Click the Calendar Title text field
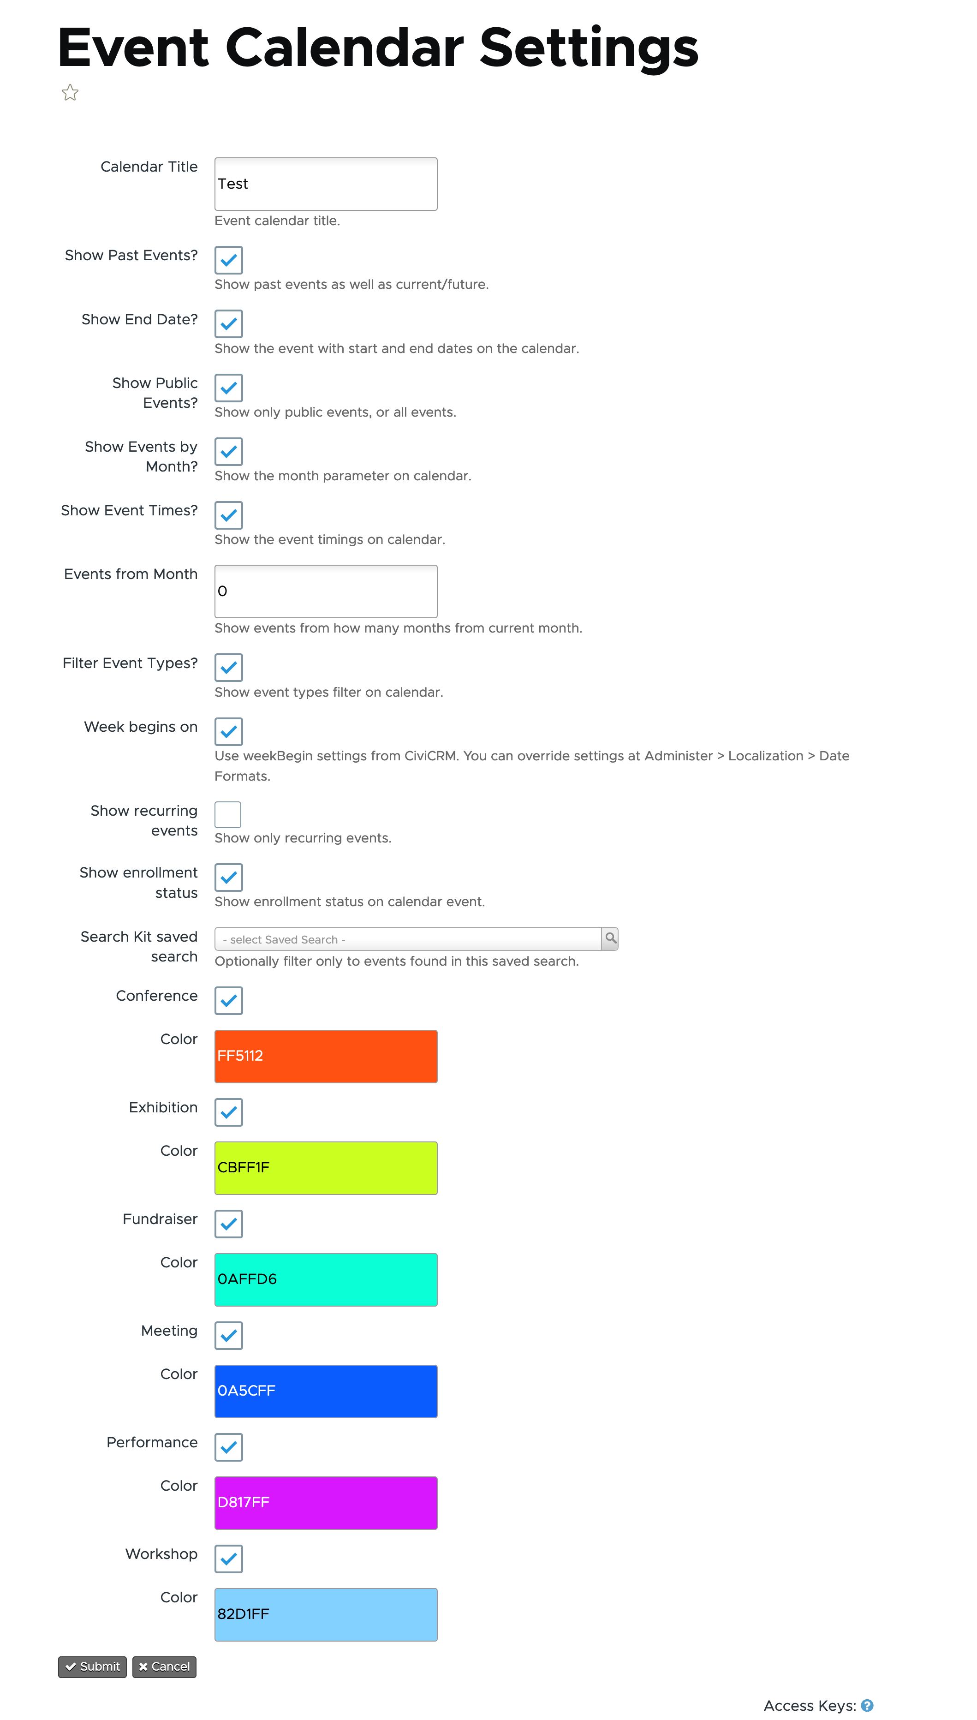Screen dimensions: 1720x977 (x=326, y=184)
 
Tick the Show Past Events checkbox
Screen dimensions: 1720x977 (x=228, y=260)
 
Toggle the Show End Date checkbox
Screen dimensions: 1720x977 (x=228, y=323)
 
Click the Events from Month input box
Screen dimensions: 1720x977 (x=326, y=591)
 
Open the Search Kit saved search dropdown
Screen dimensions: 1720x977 (x=407, y=939)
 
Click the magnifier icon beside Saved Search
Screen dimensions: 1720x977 (x=610, y=938)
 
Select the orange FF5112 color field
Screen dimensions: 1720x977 (x=326, y=1056)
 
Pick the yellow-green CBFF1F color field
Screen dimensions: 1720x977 (x=326, y=1168)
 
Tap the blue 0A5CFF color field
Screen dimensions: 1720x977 (x=326, y=1391)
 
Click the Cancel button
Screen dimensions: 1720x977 (x=164, y=1666)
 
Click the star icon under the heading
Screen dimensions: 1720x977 (x=70, y=93)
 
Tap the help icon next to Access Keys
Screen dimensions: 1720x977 (x=867, y=1705)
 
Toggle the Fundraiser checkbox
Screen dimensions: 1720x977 (x=228, y=1224)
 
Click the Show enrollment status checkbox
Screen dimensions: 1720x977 (x=228, y=877)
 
